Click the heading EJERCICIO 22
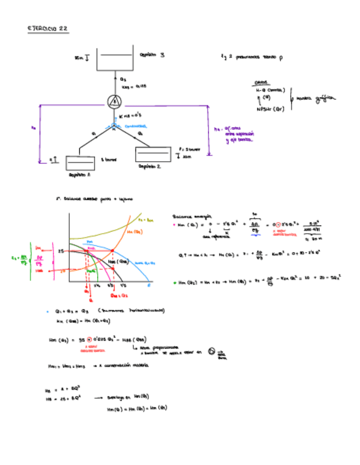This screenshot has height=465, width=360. pos(48,29)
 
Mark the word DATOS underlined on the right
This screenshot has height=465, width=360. pos(261,83)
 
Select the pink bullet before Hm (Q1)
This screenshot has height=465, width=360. pos(175,224)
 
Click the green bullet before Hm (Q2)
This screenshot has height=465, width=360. pos(175,283)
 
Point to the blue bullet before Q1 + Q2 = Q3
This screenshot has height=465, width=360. pos(48,311)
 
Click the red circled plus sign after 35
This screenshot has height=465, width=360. pos(89,340)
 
